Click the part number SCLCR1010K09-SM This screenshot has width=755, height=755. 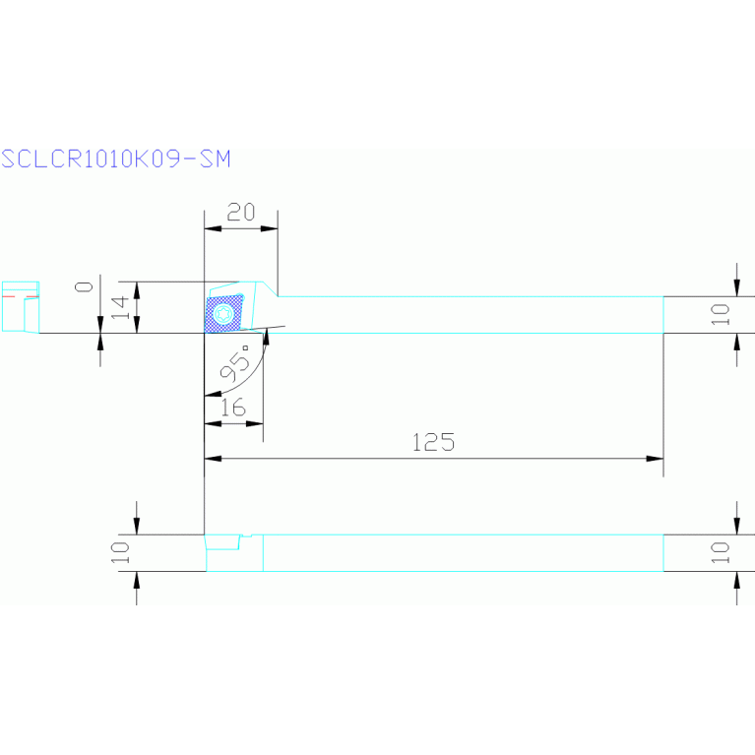click(115, 158)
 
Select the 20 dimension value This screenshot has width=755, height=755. click(240, 212)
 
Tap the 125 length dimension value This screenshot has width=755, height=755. click(433, 442)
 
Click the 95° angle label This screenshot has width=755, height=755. click(236, 367)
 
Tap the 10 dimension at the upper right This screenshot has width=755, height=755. click(722, 314)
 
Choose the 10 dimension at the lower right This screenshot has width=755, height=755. click(722, 552)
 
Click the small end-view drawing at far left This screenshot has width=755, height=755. click(19, 306)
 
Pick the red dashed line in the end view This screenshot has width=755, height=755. click(19, 294)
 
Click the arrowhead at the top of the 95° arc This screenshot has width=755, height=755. click(265, 340)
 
